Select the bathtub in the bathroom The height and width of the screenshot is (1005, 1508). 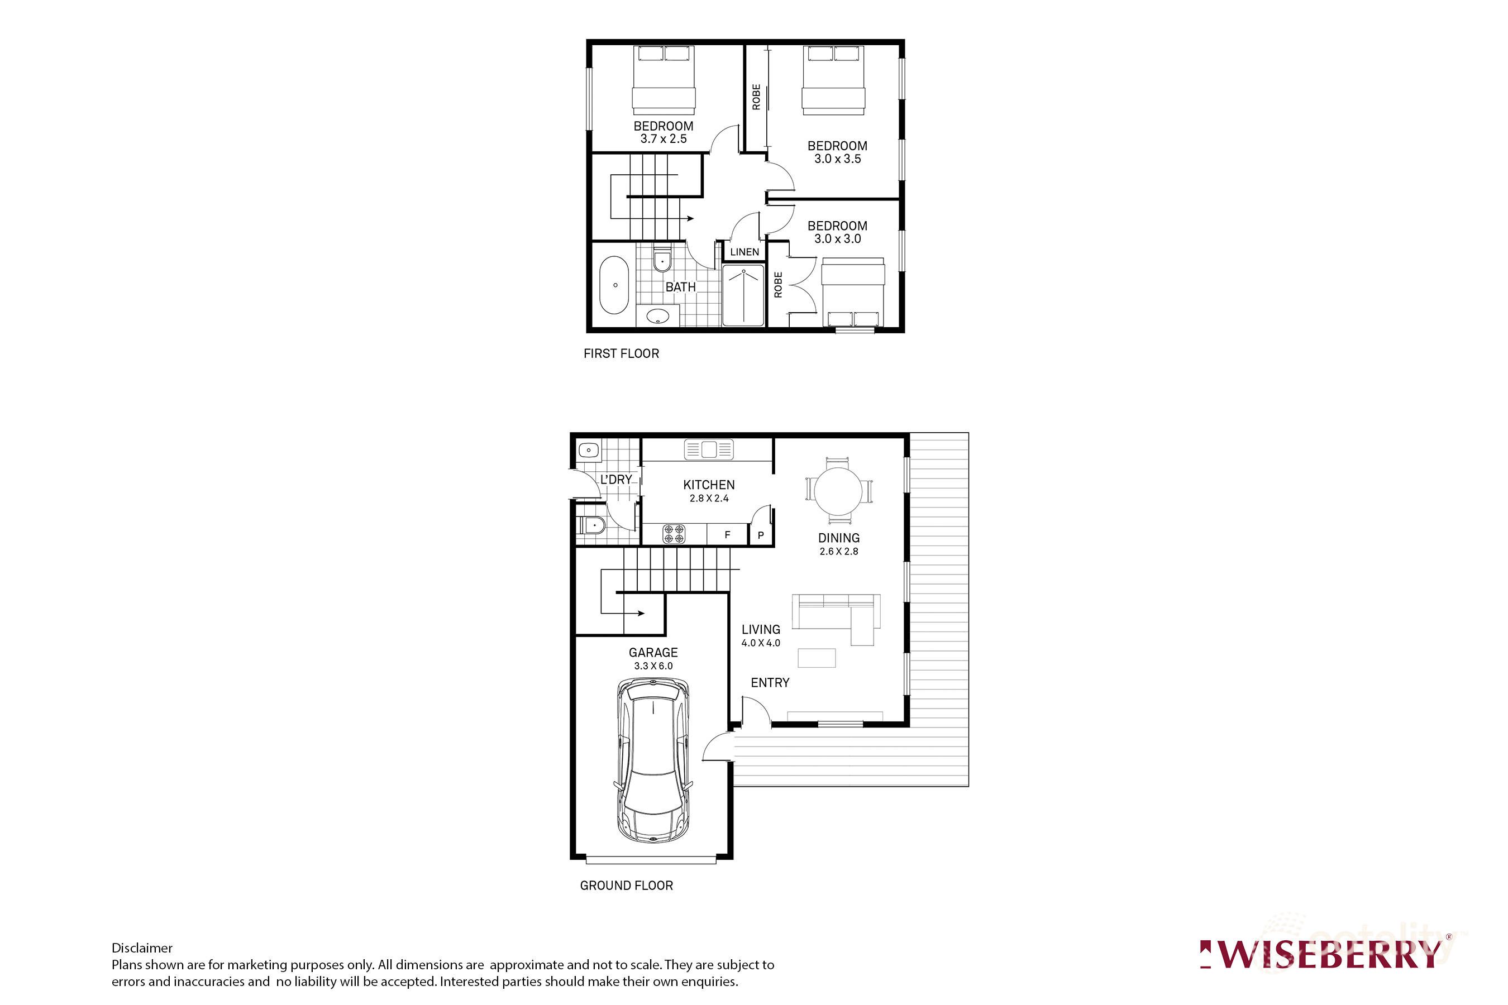click(614, 285)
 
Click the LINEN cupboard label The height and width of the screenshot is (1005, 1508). click(745, 252)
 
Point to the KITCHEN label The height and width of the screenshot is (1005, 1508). click(708, 485)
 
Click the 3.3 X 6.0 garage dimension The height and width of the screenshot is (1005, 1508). click(653, 666)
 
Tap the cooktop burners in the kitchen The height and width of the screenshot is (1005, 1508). click(674, 534)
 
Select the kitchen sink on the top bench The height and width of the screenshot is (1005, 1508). click(708, 449)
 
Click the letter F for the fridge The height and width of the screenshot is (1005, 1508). click(727, 534)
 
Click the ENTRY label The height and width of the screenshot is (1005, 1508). click(770, 683)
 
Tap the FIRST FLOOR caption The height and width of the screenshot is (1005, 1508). click(621, 353)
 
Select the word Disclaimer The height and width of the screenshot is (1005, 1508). click(142, 948)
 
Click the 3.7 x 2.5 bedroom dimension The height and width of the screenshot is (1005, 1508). click(663, 139)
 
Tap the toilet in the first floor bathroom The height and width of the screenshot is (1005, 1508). click(662, 260)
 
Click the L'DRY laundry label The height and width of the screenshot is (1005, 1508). click(616, 480)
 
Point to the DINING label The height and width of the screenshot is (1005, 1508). click(839, 538)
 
